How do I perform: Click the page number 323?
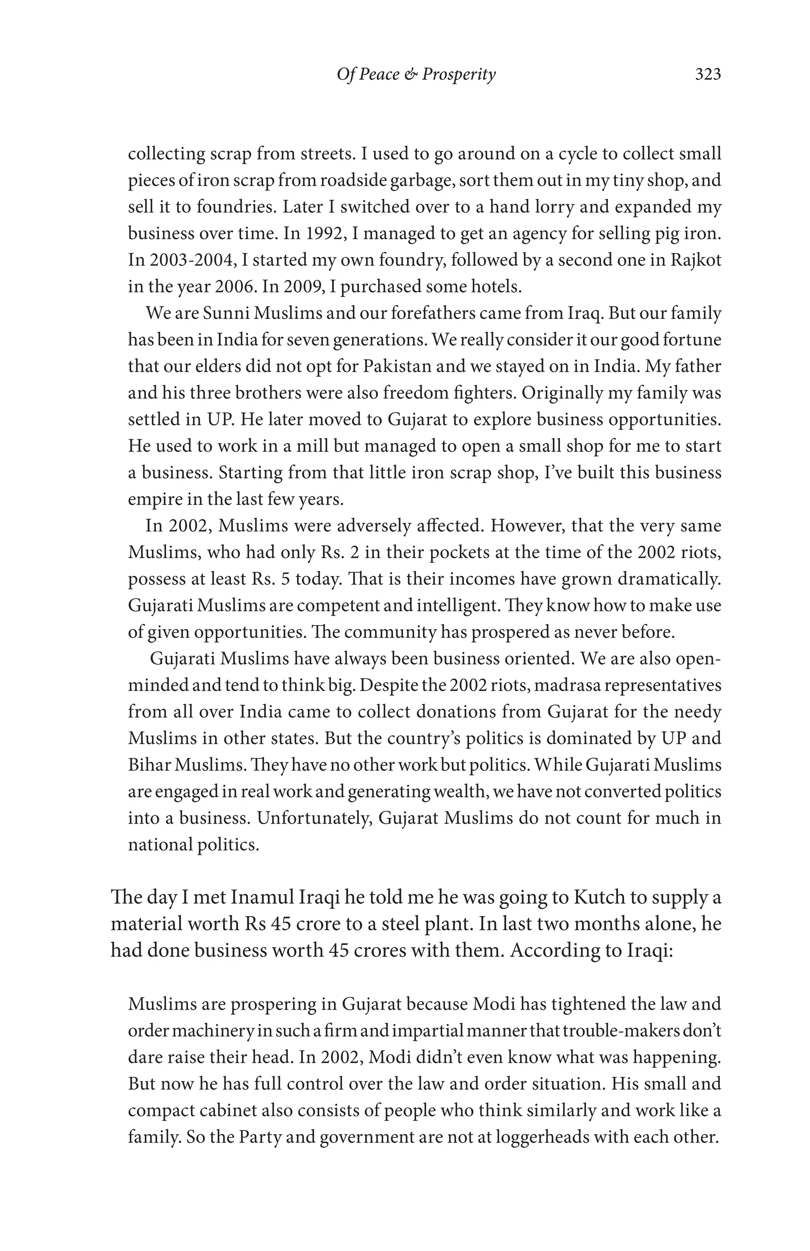[x=708, y=75]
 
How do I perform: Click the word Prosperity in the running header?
[x=458, y=75]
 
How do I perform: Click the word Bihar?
[x=149, y=765]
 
